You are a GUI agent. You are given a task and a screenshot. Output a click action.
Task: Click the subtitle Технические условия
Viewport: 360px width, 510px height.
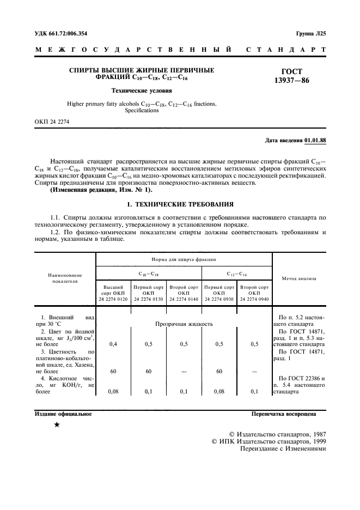[142, 91]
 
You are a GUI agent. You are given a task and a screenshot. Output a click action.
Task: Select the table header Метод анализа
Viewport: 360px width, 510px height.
[298, 278]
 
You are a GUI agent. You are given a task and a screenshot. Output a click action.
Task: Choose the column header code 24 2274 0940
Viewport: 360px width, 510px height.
[254, 299]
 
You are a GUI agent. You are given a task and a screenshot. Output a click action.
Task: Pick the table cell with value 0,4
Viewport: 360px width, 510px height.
[113, 344]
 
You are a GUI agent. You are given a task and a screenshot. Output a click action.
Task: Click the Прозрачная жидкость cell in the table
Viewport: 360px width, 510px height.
[184, 324]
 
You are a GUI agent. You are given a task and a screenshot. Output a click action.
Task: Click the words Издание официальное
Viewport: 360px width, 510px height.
[63, 414]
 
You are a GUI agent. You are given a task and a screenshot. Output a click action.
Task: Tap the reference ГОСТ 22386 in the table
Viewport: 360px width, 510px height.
[306, 378]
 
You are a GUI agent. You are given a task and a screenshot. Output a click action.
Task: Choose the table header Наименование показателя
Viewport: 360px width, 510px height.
[65, 278]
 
